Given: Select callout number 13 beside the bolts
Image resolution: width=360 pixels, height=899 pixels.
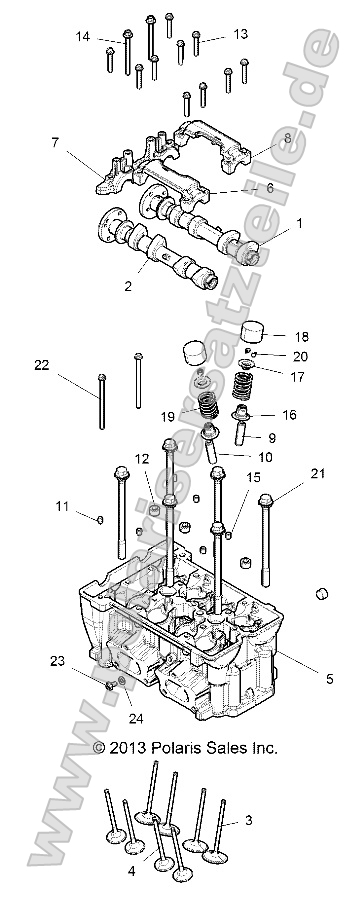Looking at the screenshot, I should (240, 34).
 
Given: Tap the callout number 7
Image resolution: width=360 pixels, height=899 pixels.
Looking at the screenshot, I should (56, 144).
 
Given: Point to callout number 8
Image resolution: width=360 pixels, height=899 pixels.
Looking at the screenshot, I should (288, 137).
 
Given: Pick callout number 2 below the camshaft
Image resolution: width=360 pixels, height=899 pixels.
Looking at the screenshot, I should (128, 286).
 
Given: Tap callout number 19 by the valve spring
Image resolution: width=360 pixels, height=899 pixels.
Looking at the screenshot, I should (167, 415).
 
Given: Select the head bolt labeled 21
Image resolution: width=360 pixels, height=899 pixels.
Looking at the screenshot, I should (264, 540).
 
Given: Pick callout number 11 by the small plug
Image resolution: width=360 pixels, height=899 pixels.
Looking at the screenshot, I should (62, 507).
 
